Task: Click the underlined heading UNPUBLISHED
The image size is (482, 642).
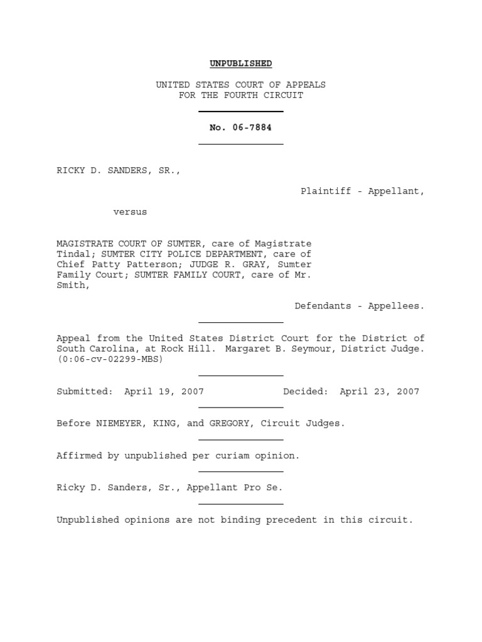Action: coord(240,63)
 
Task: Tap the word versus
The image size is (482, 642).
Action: coord(130,212)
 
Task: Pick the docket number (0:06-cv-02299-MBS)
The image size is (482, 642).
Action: coord(110,359)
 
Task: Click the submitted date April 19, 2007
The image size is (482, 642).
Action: coord(164,391)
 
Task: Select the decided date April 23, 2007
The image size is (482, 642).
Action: coord(379,391)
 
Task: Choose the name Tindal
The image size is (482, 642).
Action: coord(73,254)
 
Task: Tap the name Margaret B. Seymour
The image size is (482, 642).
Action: coord(286,349)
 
